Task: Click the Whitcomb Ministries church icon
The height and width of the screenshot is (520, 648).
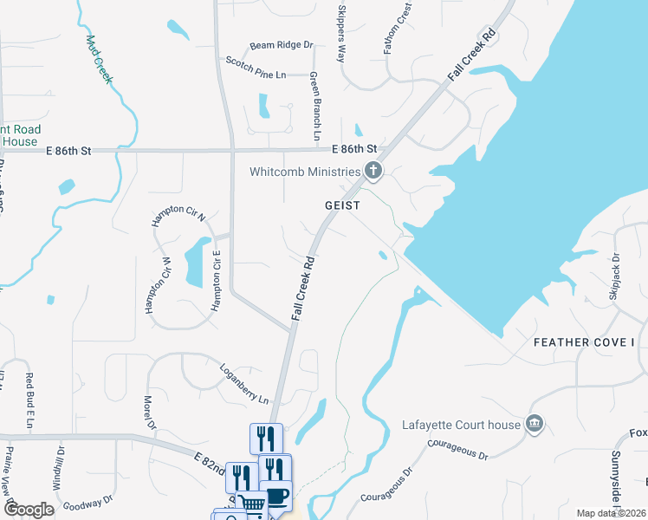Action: click(373, 170)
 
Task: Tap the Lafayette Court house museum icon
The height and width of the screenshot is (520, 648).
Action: click(535, 425)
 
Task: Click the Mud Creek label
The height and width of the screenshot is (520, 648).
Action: click(100, 59)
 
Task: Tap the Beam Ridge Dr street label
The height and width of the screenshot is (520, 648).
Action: click(281, 46)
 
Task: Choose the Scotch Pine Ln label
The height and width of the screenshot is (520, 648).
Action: click(256, 69)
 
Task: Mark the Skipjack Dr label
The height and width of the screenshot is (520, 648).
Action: click(614, 276)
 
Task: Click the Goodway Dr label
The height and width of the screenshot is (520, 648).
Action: click(90, 505)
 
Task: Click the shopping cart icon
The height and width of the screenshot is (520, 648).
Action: click(251, 504)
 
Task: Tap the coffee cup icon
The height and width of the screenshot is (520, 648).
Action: click(276, 495)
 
